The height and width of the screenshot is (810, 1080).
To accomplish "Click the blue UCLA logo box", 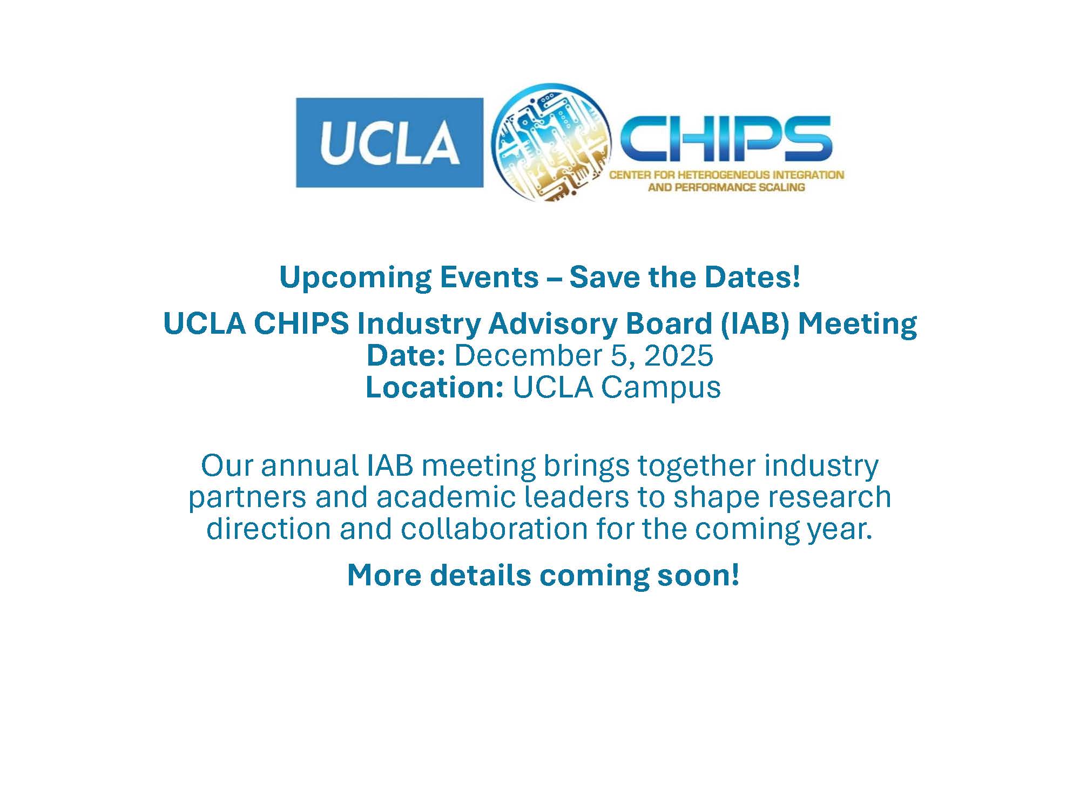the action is [x=389, y=143].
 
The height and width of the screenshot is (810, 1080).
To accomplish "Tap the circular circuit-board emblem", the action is [x=551, y=143].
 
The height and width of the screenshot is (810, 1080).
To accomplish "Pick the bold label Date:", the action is [x=406, y=356].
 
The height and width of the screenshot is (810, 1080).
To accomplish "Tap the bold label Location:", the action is [x=435, y=387].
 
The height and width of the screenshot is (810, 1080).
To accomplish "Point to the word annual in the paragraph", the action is [x=310, y=465].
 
